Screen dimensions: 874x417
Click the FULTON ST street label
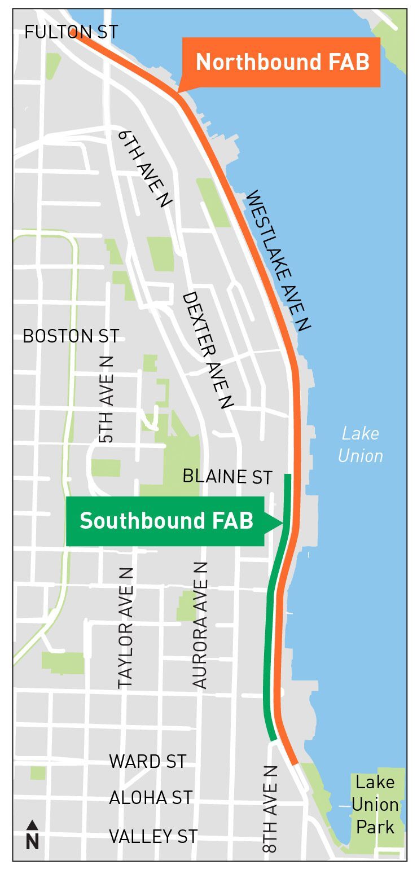(71, 32)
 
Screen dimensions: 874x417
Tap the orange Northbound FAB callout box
(282, 62)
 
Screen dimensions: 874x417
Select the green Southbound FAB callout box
(165, 521)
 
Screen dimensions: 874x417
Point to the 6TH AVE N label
(145, 169)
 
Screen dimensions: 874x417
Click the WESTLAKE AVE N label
(279, 260)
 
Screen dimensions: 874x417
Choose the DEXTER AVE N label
(207, 350)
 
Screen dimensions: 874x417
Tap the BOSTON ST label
(71, 336)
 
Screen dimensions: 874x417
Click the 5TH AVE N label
(106, 399)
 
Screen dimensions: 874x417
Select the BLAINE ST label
(227, 477)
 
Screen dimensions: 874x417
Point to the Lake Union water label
(361, 445)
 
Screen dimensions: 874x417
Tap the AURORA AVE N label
(200, 625)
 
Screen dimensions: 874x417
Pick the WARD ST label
(148, 761)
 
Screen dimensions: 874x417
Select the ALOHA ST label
(151, 798)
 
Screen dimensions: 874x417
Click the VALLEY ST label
(153, 836)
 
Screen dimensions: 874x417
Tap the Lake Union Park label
(375, 805)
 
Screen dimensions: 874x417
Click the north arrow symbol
(32, 835)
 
